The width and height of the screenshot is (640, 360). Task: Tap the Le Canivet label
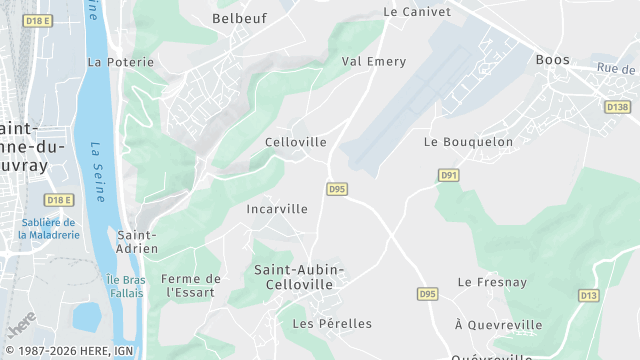click(417, 12)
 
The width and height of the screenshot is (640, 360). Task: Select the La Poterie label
click(121, 62)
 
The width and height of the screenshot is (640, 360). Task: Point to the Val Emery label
click(374, 62)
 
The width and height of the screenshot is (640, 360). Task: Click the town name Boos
click(552, 60)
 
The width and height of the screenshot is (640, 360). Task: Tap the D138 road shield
click(617, 106)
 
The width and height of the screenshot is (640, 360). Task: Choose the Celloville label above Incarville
click(296, 142)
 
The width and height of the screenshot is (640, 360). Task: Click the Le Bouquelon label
click(468, 142)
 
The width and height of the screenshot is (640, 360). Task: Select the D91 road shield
click(449, 175)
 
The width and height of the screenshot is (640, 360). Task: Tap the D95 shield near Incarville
click(337, 188)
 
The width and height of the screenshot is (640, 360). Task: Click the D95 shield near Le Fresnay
click(428, 293)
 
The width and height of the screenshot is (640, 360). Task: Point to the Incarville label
click(277, 209)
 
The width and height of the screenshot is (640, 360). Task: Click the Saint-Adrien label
click(137, 241)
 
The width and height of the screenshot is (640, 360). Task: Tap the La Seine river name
click(98, 160)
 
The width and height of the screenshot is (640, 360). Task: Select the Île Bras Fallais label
click(126, 286)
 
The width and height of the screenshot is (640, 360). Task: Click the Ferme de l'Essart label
click(190, 286)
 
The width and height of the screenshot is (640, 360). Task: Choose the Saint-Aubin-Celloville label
click(299, 277)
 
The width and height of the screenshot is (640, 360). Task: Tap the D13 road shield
click(589, 295)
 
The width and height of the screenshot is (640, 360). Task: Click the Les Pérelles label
click(332, 324)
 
